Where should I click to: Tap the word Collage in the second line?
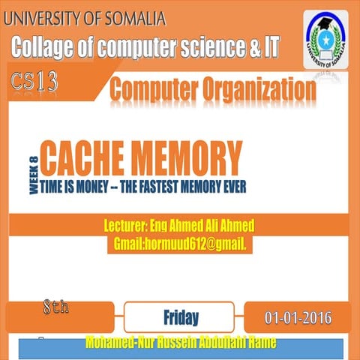43,49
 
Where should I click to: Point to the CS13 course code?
34,82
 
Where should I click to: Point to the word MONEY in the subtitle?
97,184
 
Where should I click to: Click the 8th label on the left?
56,308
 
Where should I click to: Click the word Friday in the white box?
181,316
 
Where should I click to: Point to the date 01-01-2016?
298,316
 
